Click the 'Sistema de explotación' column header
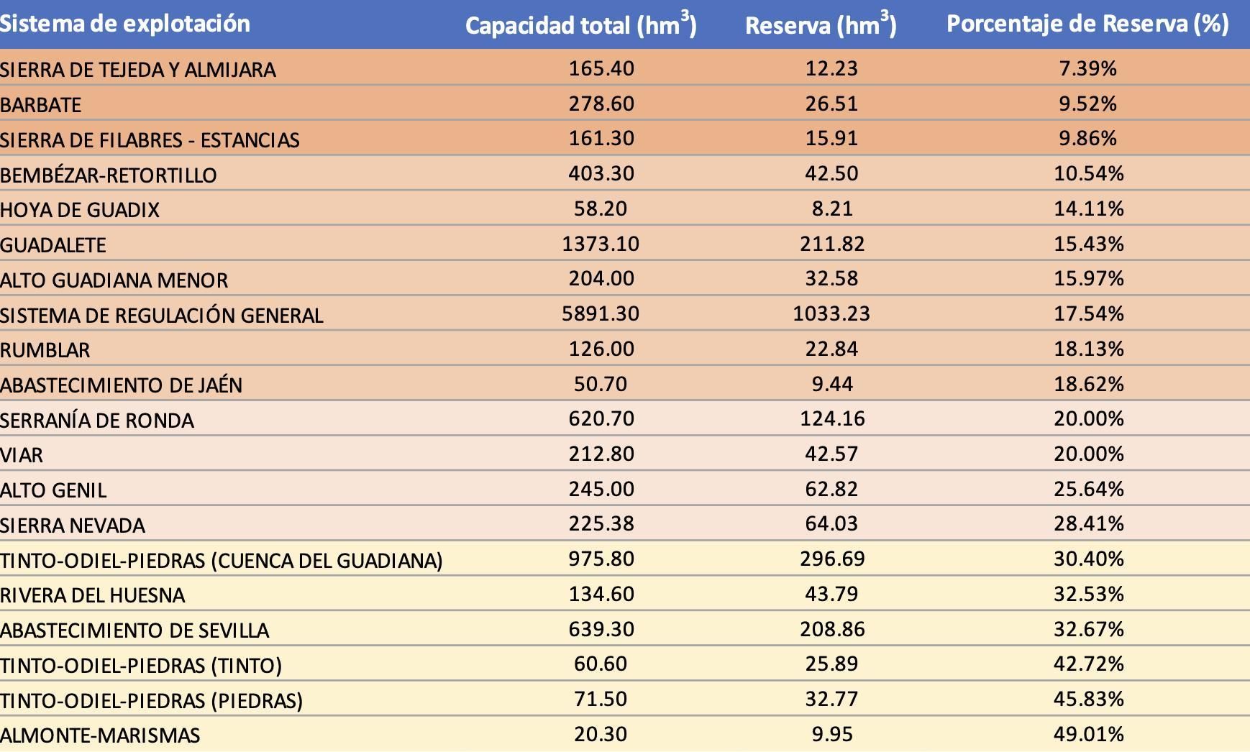point(125,24)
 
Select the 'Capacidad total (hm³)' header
point(580,26)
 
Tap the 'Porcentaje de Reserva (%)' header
point(1087,24)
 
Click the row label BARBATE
point(41,105)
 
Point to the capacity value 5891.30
point(601,313)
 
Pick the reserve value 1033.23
point(831,313)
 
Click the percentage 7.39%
point(1087,68)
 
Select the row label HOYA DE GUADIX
point(80,210)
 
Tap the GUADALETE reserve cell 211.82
point(832,244)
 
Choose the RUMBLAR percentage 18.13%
point(1088,349)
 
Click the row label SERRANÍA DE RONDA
point(97,421)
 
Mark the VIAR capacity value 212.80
point(601,454)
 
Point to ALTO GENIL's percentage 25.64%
point(1088,489)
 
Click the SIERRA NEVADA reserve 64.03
point(831,523)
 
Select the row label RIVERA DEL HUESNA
point(93,595)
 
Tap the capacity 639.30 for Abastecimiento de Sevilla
point(601,629)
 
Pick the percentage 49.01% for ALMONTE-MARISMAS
point(1088,734)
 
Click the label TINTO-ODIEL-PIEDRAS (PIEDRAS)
point(151,700)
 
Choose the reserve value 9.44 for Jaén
point(832,384)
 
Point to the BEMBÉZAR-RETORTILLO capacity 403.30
point(601,173)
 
